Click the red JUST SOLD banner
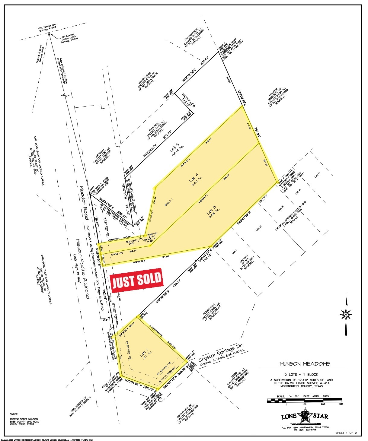137,280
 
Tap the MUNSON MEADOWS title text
305,364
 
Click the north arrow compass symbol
346,314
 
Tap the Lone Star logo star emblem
305,416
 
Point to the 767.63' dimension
257,134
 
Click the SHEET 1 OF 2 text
346,433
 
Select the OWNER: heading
14,414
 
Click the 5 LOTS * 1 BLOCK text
304,374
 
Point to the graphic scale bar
304,400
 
